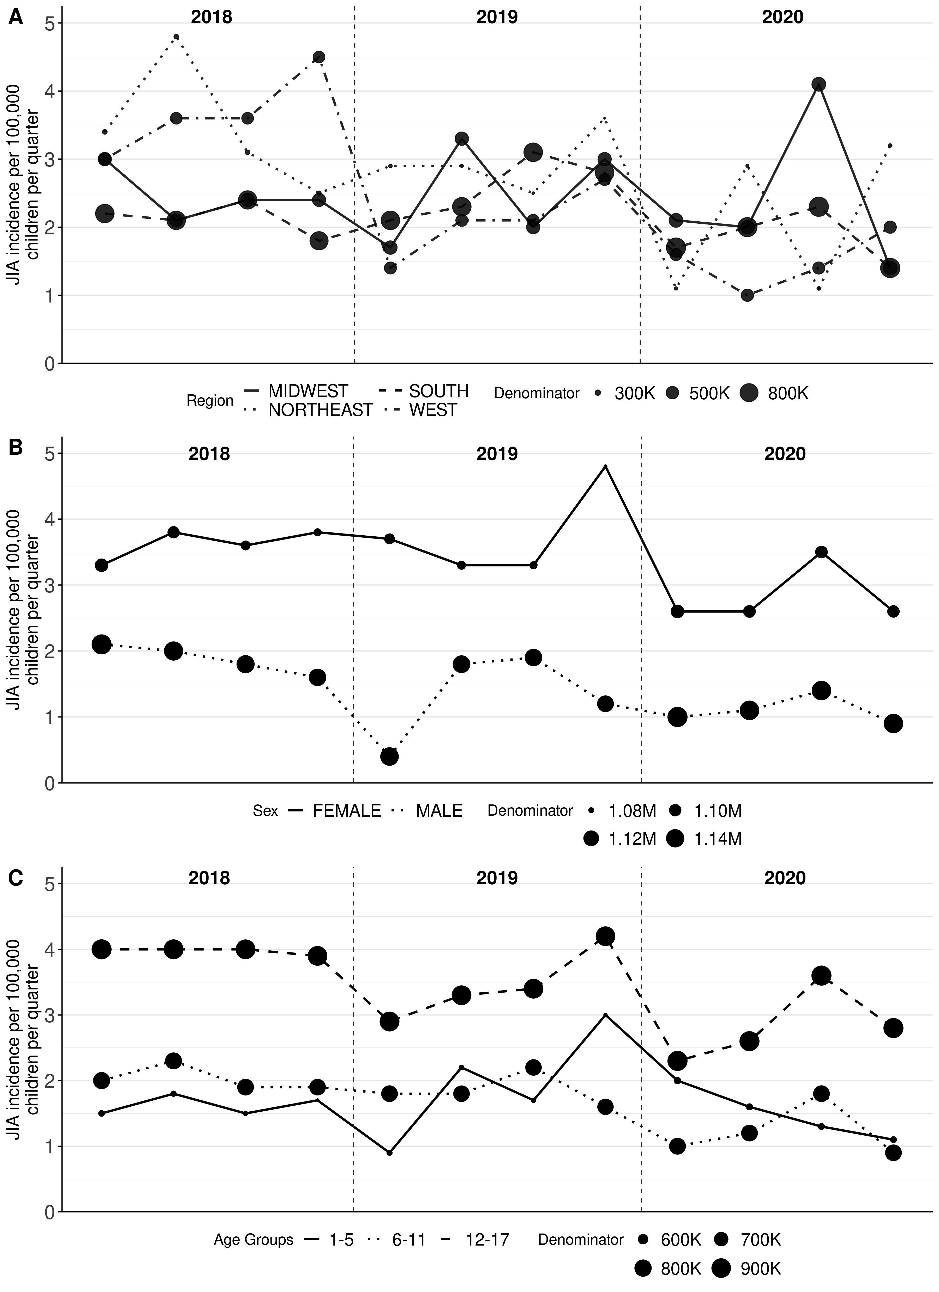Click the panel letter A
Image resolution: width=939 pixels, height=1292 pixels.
[15, 17]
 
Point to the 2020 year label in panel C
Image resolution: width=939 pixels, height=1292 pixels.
[785, 878]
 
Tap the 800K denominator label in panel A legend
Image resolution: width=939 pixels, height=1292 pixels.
[788, 393]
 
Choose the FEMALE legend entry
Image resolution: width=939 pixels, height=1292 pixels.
[346, 811]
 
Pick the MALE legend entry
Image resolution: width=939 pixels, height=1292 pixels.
[439, 811]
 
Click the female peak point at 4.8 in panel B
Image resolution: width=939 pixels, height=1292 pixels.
[605, 467]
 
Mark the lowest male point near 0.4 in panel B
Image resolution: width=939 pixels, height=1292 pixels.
[389, 756]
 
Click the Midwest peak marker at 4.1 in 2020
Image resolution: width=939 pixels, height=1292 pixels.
[819, 84]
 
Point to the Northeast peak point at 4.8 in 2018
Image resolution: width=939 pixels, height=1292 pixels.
[176, 37]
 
